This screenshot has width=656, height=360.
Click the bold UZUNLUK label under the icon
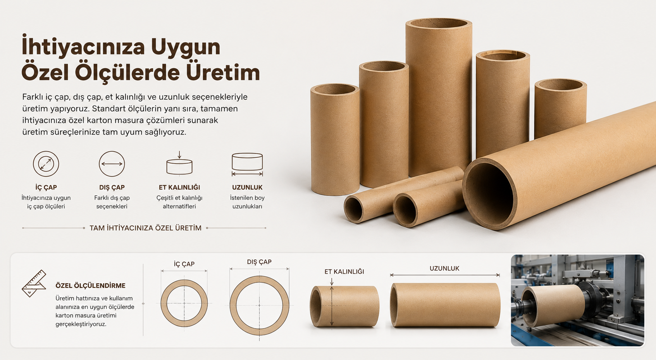[247, 187]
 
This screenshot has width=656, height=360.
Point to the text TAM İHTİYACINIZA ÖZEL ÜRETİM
[146, 228]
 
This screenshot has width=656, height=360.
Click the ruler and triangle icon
[34, 283]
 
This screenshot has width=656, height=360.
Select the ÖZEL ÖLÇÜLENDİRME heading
[91, 286]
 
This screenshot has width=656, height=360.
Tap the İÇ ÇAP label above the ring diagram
[184, 264]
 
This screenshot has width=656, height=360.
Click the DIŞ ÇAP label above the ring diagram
[259, 262]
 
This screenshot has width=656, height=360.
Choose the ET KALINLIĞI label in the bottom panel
[344, 272]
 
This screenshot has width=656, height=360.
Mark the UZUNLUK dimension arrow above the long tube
[445, 275]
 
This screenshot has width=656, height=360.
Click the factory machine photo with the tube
[577, 300]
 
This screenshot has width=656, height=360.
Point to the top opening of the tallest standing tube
[439, 23]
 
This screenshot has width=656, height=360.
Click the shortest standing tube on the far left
[335, 140]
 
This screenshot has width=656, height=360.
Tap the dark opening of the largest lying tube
[490, 194]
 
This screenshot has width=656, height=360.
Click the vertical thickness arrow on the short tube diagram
[332, 306]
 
